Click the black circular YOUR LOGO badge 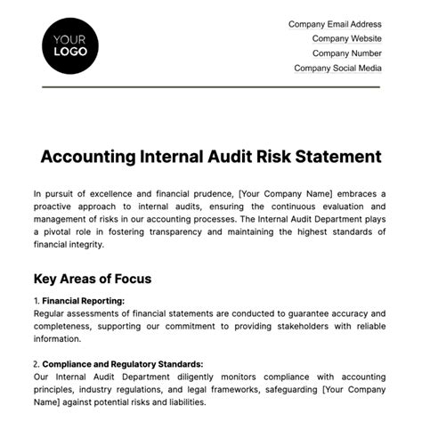(70, 45)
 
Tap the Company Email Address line (335, 25)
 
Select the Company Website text (346, 39)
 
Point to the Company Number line (345, 53)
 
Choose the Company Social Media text (337, 68)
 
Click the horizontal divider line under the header (211, 86)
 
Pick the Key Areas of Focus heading (92, 279)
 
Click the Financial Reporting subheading (84, 301)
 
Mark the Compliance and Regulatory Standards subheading (123, 364)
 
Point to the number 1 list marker (36, 301)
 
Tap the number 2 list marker (36, 364)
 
